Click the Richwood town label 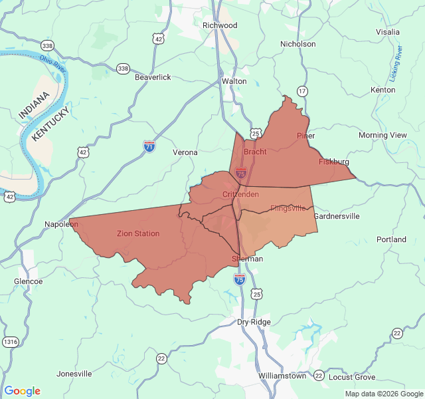pyautogui.click(x=220, y=25)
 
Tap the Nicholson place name pyautogui.click(x=298, y=44)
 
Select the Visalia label pyautogui.click(x=388, y=32)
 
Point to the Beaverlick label pyautogui.click(x=153, y=77)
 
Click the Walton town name pyautogui.click(x=234, y=81)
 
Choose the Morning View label pyautogui.click(x=382, y=135)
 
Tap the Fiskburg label pyautogui.click(x=333, y=162)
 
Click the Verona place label pyautogui.click(x=185, y=152)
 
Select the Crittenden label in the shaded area pyautogui.click(x=240, y=194)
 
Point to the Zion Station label pyautogui.click(x=138, y=233)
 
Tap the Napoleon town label pyautogui.click(x=61, y=224)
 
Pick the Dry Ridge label pyautogui.click(x=254, y=322)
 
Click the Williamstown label pyautogui.click(x=282, y=376)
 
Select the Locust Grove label pyautogui.click(x=352, y=377)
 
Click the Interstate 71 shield pyautogui.click(x=149, y=146)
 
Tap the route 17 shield pyautogui.click(x=303, y=90)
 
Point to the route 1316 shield pyautogui.click(x=10, y=342)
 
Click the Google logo pyautogui.click(x=22, y=391)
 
